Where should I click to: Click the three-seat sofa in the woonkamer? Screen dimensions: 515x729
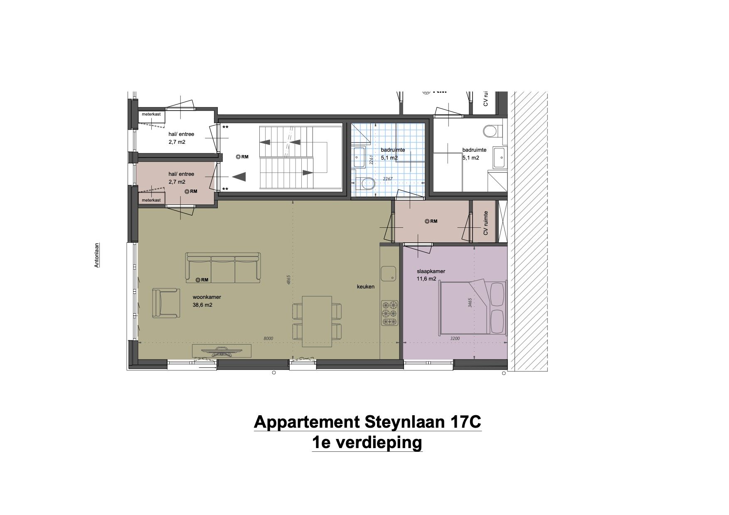click(223, 268)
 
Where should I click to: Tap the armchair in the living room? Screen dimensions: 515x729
click(166, 303)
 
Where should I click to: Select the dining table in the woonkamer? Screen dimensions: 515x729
click(317, 321)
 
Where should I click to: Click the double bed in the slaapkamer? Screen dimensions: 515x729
click(473, 308)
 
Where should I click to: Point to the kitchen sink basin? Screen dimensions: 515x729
click(390, 273)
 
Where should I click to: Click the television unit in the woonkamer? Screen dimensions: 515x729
click(222, 351)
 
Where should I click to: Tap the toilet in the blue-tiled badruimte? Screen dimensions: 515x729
click(365, 182)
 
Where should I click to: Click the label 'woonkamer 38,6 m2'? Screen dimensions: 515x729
click(206, 301)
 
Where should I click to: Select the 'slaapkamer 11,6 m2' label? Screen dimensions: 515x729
click(431, 275)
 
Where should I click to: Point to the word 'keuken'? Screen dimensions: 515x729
click(365, 286)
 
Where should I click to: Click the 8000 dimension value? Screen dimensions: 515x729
click(268, 338)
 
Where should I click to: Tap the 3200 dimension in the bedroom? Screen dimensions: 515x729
click(455, 338)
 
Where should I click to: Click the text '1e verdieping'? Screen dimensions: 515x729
click(367, 443)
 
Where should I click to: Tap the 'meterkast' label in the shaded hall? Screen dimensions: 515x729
click(151, 200)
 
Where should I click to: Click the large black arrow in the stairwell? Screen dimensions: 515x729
click(239, 177)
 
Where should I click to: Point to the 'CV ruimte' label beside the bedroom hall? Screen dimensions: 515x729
click(485, 224)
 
